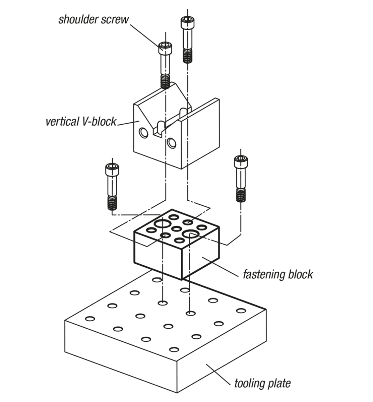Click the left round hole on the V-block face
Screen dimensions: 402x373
[144, 133]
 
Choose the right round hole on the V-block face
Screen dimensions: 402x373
[172, 143]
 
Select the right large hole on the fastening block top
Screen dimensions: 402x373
[190, 233]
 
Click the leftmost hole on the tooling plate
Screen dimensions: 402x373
[90, 318]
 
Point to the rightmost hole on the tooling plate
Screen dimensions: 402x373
[241, 311]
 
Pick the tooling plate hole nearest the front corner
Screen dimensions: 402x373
[174, 350]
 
